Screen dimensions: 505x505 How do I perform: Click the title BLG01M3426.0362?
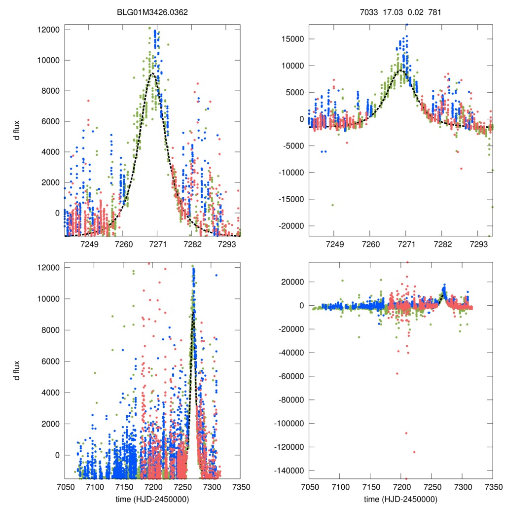(x=152, y=13)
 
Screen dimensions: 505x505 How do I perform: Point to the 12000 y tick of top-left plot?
(x=48, y=30)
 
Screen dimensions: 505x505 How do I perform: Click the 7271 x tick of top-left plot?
(x=157, y=245)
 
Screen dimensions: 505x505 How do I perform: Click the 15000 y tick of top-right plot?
(x=292, y=39)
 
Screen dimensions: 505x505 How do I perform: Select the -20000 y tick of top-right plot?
(x=291, y=225)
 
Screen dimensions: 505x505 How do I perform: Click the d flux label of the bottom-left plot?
(x=16, y=370)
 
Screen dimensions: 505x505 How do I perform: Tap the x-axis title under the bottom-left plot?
(x=152, y=499)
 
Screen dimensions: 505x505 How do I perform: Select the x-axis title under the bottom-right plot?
(x=400, y=499)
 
